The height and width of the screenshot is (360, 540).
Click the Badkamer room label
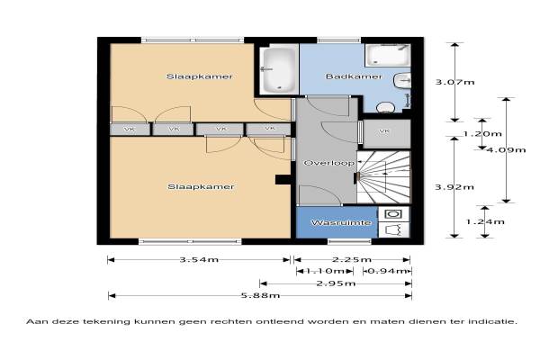click(354, 76)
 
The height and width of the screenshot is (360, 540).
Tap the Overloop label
click(328, 163)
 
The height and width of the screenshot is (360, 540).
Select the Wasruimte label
click(341, 222)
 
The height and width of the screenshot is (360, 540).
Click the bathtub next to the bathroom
click(278, 70)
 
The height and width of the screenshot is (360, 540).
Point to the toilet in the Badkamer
click(385, 107)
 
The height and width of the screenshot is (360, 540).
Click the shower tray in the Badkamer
click(387, 55)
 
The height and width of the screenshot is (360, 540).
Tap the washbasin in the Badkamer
click(402, 82)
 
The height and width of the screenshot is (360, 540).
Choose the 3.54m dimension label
click(199, 259)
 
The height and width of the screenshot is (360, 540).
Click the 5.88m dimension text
click(260, 295)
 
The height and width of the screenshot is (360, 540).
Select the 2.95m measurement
click(336, 283)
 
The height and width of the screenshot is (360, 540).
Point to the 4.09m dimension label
click(506, 149)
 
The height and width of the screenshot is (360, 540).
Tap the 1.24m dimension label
click(485, 221)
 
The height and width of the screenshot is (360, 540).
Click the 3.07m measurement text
click(454, 82)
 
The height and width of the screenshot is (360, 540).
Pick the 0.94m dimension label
click(387, 271)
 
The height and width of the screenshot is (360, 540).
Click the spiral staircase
click(383, 177)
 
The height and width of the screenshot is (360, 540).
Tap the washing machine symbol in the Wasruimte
click(393, 214)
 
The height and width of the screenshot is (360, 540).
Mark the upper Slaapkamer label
click(200, 76)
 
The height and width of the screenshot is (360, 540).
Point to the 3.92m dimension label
click(454, 187)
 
